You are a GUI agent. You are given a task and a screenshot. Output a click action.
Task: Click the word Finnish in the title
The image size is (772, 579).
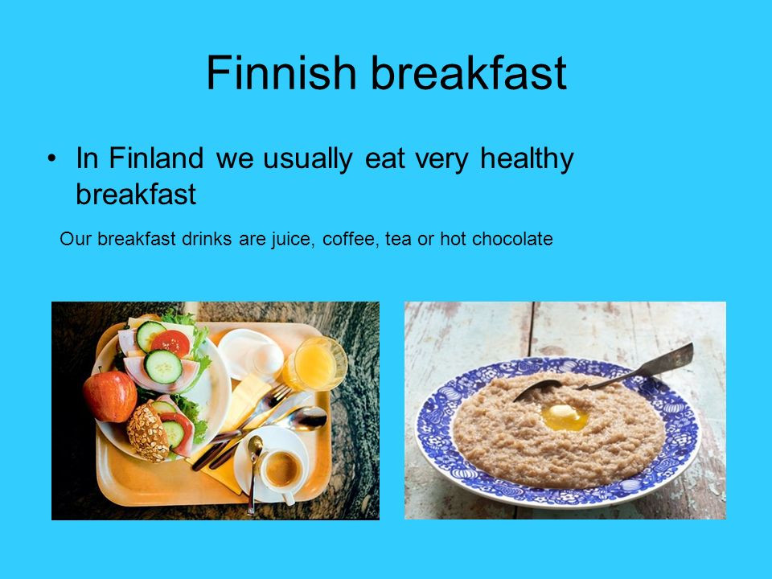(281, 72)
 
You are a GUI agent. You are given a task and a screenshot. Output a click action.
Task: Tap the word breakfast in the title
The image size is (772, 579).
(469, 72)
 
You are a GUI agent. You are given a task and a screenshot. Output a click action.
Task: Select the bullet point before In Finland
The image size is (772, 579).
(51, 158)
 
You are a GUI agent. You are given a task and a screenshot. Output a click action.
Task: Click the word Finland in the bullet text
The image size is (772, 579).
(156, 158)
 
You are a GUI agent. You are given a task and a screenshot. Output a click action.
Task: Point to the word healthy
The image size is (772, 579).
(527, 159)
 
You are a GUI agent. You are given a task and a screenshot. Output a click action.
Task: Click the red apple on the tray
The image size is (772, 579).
(110, 396)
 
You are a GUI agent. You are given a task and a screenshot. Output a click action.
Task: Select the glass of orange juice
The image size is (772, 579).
(315, 363)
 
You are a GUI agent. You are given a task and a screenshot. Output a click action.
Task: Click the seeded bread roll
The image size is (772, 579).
(148, 432)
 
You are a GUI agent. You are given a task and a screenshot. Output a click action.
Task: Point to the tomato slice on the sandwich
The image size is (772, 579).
(170, 343)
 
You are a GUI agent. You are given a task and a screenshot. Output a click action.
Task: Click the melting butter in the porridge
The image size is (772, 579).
(565, 417)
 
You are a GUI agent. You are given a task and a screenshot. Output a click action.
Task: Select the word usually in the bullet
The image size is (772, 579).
(308, 159)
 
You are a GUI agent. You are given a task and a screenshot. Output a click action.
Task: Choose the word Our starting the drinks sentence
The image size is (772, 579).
(75, 239)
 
